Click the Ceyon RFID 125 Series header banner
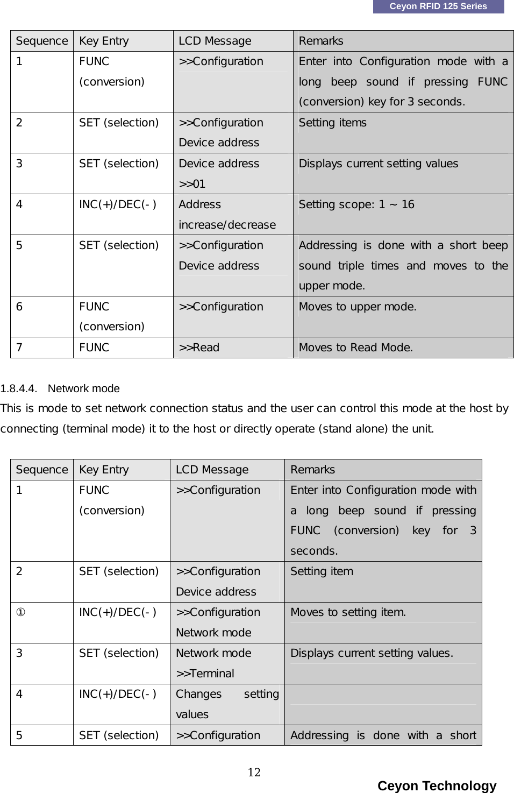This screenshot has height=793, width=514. tap(438, 6)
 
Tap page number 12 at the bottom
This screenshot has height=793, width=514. tap(254, 773)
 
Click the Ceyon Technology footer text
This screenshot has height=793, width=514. tap(437, 785)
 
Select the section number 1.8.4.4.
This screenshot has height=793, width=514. tap(19, 388)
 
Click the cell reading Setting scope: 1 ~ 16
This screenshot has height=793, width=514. tap(356, 204)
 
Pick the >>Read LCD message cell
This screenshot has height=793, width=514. tap(199, 348)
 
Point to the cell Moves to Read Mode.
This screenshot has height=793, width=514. tap(355, 348)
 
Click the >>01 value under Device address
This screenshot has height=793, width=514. tap(192, 184)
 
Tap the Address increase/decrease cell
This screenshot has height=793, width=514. tap(227, 214)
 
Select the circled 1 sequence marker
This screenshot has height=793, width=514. tap(19, 612)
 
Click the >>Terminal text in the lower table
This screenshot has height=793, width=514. tap(205, 674)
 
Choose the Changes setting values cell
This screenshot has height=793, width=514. tap(227, 704)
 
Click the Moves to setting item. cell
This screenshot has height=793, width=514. tap(348, 612)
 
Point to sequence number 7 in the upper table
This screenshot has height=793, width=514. tap(19, 348)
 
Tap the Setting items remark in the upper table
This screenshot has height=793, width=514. tap(332, 123)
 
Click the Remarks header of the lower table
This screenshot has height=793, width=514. tap(312, 470)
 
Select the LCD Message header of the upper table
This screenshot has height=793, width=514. tap(215, 41)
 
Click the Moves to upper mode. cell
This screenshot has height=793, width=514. tap(358, 307)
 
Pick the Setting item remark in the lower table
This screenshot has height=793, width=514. tap(322, 571)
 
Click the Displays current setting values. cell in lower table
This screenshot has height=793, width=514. tap(372, 653)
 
